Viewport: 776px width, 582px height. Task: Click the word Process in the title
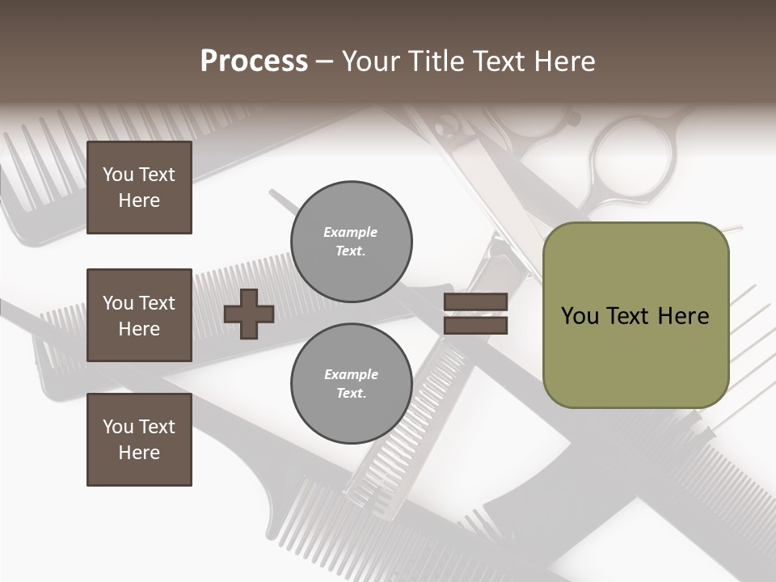tap(254, 61)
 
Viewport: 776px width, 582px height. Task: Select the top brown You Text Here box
tap(139, 188)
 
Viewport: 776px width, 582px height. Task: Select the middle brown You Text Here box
tap(139, 315)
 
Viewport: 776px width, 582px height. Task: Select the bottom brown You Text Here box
tap(139, 439)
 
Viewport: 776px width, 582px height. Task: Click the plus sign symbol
tap(249, 314)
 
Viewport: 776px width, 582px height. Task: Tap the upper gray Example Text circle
tap(352, 242)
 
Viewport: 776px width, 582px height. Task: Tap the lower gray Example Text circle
tap(352, 384)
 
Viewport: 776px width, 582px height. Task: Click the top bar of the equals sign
tap(475, 302)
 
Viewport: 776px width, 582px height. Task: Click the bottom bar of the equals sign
tap(475, 325)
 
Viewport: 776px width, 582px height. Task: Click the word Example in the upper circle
tap(351, 232)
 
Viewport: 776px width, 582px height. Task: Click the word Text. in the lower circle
tap(351, 394)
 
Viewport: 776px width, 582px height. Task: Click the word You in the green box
tap(580, 316)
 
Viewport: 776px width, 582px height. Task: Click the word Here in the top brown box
tap(139, 200)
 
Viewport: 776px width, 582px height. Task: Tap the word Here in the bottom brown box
tap(139, 453)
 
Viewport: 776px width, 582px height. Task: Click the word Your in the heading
tap(370, 61)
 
